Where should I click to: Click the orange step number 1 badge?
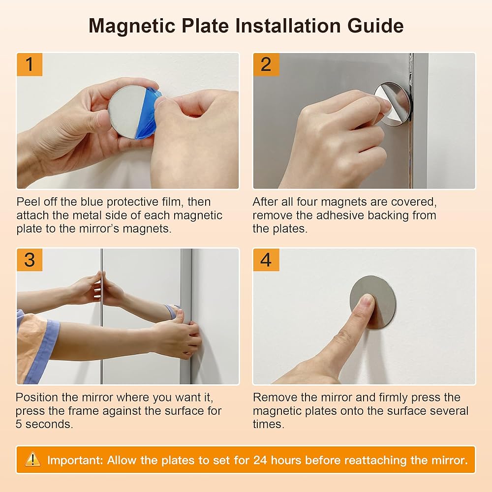(30, 64)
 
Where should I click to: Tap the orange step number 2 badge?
(266, 64)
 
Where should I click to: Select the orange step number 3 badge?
(30, 260)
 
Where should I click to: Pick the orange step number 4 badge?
(266, 260)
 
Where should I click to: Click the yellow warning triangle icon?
(32, 460)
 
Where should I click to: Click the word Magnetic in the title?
(132, 26)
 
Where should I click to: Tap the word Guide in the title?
(375, 26)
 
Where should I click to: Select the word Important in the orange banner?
(75, 461)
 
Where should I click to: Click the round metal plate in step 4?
(373, 302)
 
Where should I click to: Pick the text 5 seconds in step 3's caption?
(44, 424)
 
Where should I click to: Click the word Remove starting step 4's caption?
(275, 397)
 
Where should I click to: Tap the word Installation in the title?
(288, 26)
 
